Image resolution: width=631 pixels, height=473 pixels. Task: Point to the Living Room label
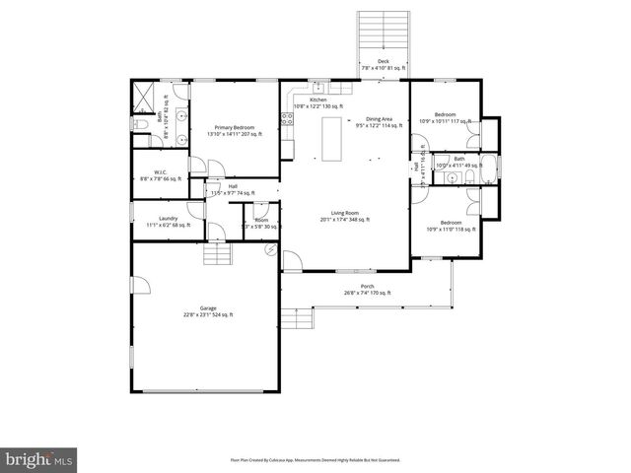pyautogui.click(x=344, y=216)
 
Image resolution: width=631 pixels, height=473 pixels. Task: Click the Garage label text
pyautogui.click(x=206, y=311)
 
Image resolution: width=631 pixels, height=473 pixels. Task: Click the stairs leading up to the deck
pyautogui.click(x=383, y=34)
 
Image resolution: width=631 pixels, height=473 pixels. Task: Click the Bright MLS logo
pyautogui.click(x=39, y=459)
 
